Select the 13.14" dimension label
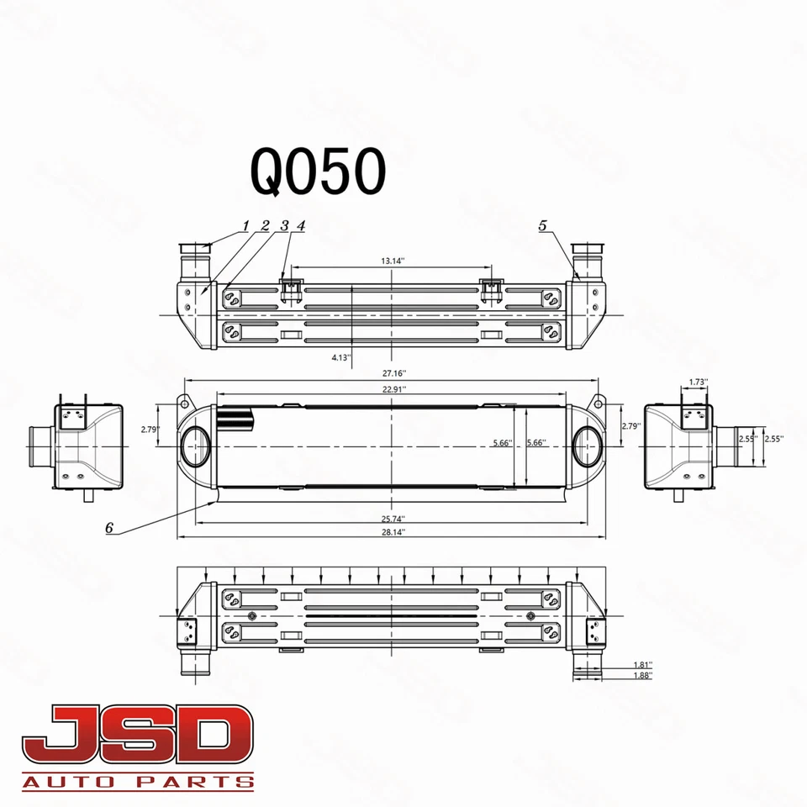click(393, 261)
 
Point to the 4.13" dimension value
click(341, 357)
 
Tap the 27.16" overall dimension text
click(393, 372)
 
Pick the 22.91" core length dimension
click(393, 389)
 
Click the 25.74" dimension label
click(393, 517)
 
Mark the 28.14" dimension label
click(393, 532)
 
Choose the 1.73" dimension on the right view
click(697, 382)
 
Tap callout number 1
click(245, 225)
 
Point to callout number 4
click(300, 225)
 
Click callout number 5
click(543, 225)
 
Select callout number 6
click(109, 528)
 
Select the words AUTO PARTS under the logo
click(139, 782)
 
